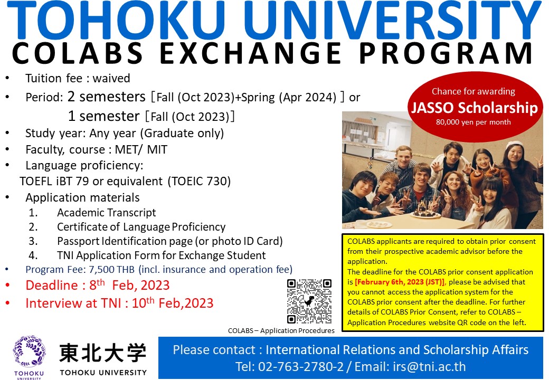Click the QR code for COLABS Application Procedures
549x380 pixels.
click(x=309, y=301)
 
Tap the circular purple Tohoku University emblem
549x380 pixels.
click(x=29, y=351)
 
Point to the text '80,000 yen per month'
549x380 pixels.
click(x=473, y=122)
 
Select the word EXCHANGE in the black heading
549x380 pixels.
click(x=250, y=53)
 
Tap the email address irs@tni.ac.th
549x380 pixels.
click(x=429, y=366)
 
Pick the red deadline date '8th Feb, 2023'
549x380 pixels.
click(x=129, y=285)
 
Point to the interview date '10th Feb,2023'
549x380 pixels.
click(x=172, y=302)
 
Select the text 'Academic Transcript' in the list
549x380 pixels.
click(x=107, y=212)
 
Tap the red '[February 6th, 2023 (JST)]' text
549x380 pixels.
click(x=400, y=282)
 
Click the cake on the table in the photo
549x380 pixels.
click(x=425, y=210)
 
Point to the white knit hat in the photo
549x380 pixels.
click(x=515, y=145)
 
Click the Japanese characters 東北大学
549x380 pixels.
click(x=102, y=353)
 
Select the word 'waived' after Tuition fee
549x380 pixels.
click(x=111, y=78)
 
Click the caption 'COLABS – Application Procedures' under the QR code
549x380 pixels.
click(x=281, y=331)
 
